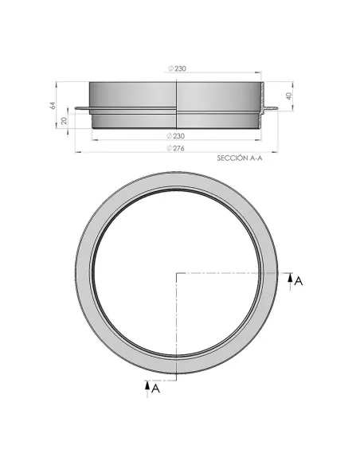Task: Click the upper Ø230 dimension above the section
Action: pyautogui.click(x=179, y=69)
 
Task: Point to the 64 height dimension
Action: pyautogui.click(x=51, y=105)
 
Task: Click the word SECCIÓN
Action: pyautogui.click(x=230, y=158)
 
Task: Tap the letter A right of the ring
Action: pyautogui.click(x=298, y=281)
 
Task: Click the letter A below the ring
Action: pyautogui.click(x=156, y=389)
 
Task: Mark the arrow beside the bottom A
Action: pyautogui.click(x=147, y=387)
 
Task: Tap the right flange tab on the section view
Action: pyautogui.click(x=271, y=110)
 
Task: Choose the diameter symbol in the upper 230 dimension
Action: pyautogui.click(x=172, y=69)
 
